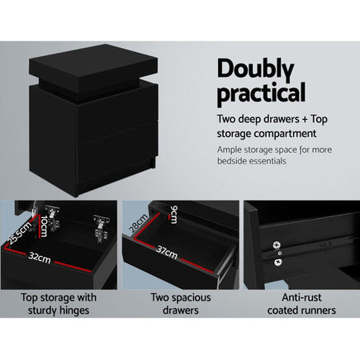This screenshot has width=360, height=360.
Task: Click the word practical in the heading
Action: pyautogui.click(x=260, y=93)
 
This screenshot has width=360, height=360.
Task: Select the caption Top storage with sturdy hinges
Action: pyautogui.click(x=58, y=304)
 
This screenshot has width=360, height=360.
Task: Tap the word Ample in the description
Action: pyautogui.click(x=233, y=149)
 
